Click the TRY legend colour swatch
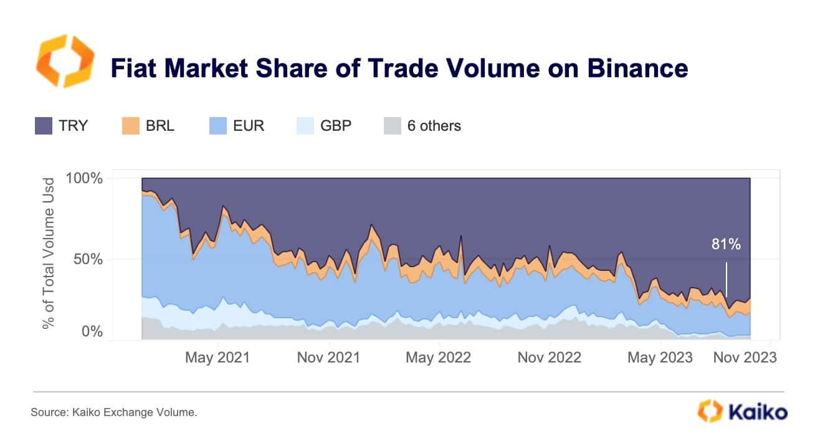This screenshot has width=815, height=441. coord(43,126)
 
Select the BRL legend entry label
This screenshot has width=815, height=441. coord(160,126)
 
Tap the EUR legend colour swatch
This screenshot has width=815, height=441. coord(219,126)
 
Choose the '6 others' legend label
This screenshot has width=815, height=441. coord(434,126)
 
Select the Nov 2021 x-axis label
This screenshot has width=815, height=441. coord(329,358)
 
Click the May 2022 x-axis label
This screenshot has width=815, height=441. coord(438,358)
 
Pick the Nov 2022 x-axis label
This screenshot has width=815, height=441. coord(549,358)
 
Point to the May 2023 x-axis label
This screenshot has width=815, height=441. coord(660,358)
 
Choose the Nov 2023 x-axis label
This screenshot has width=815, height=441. coord(745,358)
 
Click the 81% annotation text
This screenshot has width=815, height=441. coord(726,245)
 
